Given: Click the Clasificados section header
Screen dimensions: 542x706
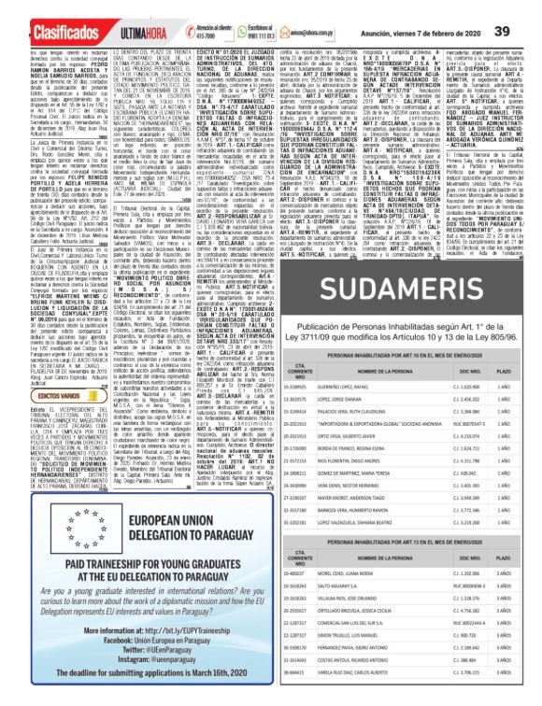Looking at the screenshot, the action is click(x=49, y=10).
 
